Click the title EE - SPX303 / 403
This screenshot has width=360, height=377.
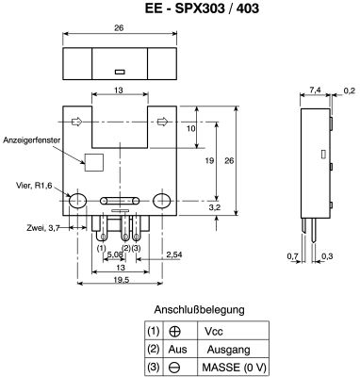pos(202,8)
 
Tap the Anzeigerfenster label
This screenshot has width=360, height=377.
pos(31,140)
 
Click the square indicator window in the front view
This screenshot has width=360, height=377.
pos(94,162)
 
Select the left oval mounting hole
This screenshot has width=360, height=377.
pos(77,201)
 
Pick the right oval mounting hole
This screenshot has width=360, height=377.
pos(162,201)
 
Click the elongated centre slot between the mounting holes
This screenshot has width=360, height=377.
pos(120,201)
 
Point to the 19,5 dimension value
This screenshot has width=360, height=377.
pos(121,280)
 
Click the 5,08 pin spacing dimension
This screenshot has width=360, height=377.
pos(115,254)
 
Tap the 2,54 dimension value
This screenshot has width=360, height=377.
pos(174,254)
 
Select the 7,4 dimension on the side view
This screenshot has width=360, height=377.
pos(315,90)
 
